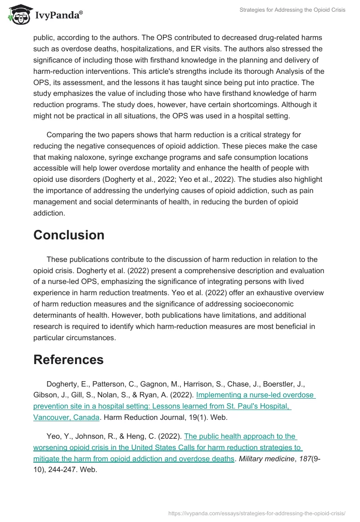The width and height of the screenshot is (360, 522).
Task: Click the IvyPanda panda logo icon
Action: (x=18, y=15)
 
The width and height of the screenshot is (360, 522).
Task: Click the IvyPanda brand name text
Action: (x=58, y=15)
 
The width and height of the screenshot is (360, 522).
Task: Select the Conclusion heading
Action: (x=69, y=235)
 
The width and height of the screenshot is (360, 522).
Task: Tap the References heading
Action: (x=68, y=360)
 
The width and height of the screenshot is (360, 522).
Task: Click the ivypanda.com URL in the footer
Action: (x=256, y=513)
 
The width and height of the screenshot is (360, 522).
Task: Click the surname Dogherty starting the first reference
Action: (x=63, y=384)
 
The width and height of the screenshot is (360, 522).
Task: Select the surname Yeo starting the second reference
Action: (x=54, y=436)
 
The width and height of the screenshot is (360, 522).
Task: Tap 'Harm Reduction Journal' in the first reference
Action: (x=142, y=417)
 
